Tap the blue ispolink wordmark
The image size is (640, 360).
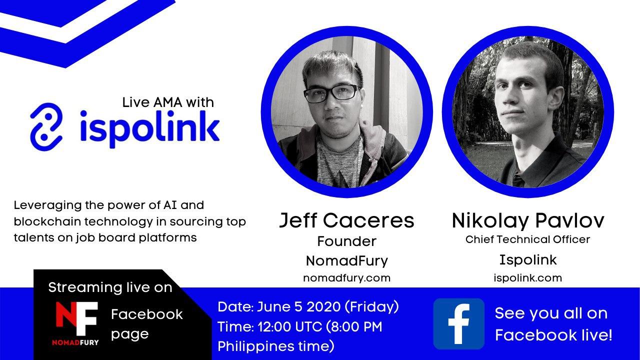[x=149, y=128]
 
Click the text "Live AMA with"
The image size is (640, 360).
[x=168, y=102]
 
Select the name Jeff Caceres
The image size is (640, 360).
[x=346, y=220]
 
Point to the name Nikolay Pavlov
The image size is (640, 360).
[x=528, y=221]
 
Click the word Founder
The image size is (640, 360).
[x=346, y=241]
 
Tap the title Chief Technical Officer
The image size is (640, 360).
[x=527, y=239]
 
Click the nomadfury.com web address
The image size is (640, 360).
[x=346, y=278]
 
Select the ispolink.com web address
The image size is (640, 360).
[x=527, y=278]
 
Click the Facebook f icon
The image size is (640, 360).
[x=459, y=324]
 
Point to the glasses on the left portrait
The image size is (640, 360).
[x=331, y=93]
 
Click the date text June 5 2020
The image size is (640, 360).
[x=299, y=307]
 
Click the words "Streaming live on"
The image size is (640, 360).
[x=110, y=287]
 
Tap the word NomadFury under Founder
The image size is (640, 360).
[x=347, y=261]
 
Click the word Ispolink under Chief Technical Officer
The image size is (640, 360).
[x=528, y=260]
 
